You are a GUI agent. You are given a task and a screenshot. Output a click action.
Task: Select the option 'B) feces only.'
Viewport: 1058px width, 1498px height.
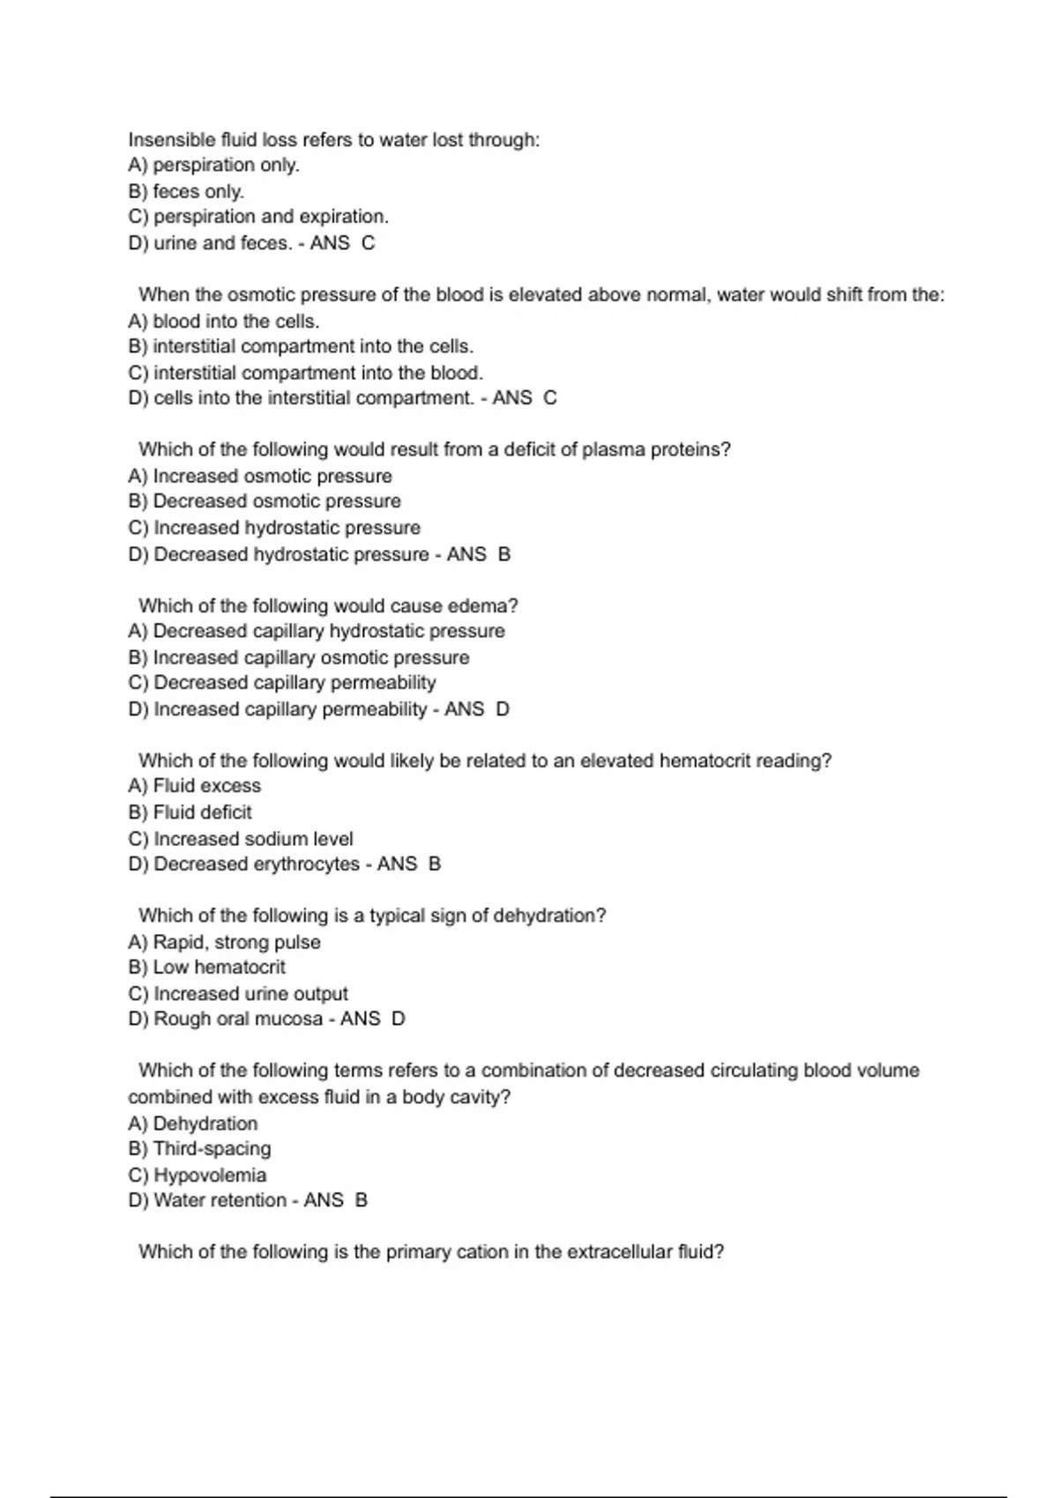tap(186, 191)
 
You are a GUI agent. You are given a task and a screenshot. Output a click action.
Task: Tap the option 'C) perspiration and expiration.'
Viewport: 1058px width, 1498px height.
tap(258, 217)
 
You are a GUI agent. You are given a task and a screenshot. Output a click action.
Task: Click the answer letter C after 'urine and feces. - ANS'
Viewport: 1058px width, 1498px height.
tap(369, 243)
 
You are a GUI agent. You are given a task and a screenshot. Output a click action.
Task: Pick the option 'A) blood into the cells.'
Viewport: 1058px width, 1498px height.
tap(224, 321)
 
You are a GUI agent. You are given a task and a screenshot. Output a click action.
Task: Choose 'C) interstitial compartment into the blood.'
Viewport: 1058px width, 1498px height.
tap(306, 373)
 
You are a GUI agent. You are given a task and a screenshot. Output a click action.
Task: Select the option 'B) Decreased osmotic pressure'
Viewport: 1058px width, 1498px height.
tap(264, 501)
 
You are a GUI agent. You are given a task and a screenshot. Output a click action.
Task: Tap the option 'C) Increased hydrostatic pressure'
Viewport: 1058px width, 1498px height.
tap(274, 528)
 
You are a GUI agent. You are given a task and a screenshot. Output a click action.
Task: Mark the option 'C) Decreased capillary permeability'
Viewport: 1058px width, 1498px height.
tap(282, 683)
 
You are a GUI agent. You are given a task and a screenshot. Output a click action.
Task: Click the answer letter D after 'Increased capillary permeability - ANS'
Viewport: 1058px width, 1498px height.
tap(503, 709)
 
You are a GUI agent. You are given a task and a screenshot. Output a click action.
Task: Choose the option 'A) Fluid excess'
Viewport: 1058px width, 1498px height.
tap(195, 786)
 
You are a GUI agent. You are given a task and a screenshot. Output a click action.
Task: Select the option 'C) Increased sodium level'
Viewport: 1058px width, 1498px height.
tap(241, 839)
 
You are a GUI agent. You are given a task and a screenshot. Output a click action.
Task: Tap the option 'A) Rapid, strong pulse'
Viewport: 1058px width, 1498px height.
tap(224, 942)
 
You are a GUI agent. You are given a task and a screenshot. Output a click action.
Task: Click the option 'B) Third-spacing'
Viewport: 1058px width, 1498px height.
tap(199, 1149)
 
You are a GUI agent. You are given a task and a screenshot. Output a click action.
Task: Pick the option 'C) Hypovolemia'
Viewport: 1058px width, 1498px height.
tap(197, 1175)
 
